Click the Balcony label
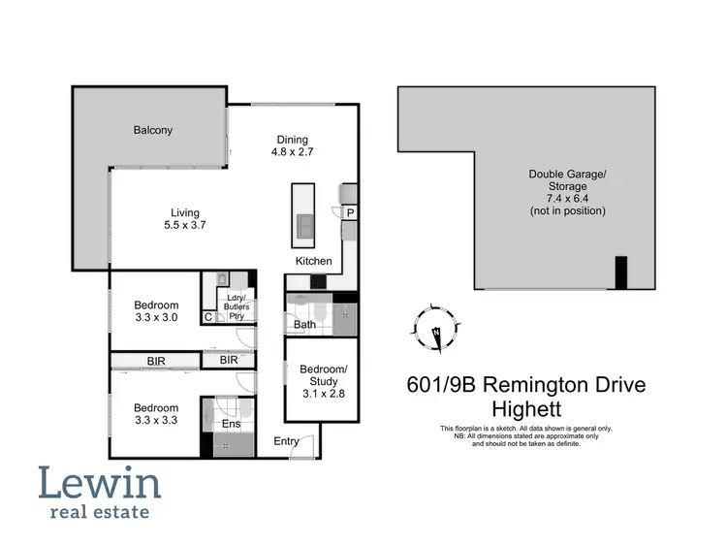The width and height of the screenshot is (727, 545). [152, 130]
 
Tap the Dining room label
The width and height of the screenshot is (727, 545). [292, 145]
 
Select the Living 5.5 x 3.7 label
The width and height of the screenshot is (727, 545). [184, 219]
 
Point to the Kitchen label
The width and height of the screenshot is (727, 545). [314, 261]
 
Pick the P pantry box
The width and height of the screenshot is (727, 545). [349, 211]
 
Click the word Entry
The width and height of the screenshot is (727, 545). [286, 442]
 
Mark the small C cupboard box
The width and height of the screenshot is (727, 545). [208, 316]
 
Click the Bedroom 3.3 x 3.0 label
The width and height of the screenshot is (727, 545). [156, 310]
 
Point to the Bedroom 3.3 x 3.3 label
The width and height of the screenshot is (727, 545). [156, 414]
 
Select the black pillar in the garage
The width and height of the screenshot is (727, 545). [621, 272]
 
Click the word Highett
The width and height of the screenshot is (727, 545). [526, 408]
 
